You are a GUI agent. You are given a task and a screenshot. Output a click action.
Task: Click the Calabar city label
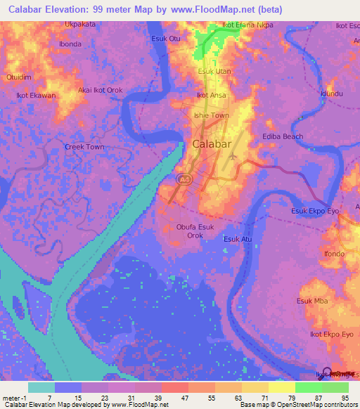tap(211, 144)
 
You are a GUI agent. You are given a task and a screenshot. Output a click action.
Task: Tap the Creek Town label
tap(84, 147)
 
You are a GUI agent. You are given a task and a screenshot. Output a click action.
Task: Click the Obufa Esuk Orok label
tap(195, 231)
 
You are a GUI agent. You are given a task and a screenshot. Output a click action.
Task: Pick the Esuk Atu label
tap(238, 239)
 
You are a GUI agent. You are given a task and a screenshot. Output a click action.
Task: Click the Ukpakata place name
tap(79, 24)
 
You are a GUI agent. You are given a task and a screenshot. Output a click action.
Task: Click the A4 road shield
tap(184, 181)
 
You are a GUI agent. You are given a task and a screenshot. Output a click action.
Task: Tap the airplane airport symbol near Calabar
tap(233, 156)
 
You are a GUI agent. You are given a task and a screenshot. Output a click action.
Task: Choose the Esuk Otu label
tap(166, 38)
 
